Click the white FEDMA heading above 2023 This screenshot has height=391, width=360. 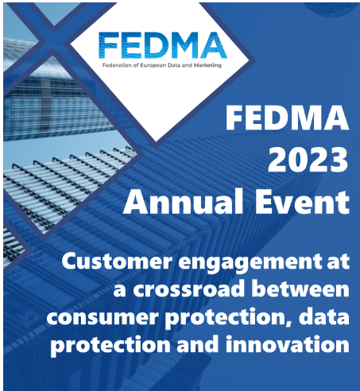tap(288, 120)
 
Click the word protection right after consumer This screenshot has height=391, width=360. tap(223, 319)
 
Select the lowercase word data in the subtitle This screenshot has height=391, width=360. tap(326, 319)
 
